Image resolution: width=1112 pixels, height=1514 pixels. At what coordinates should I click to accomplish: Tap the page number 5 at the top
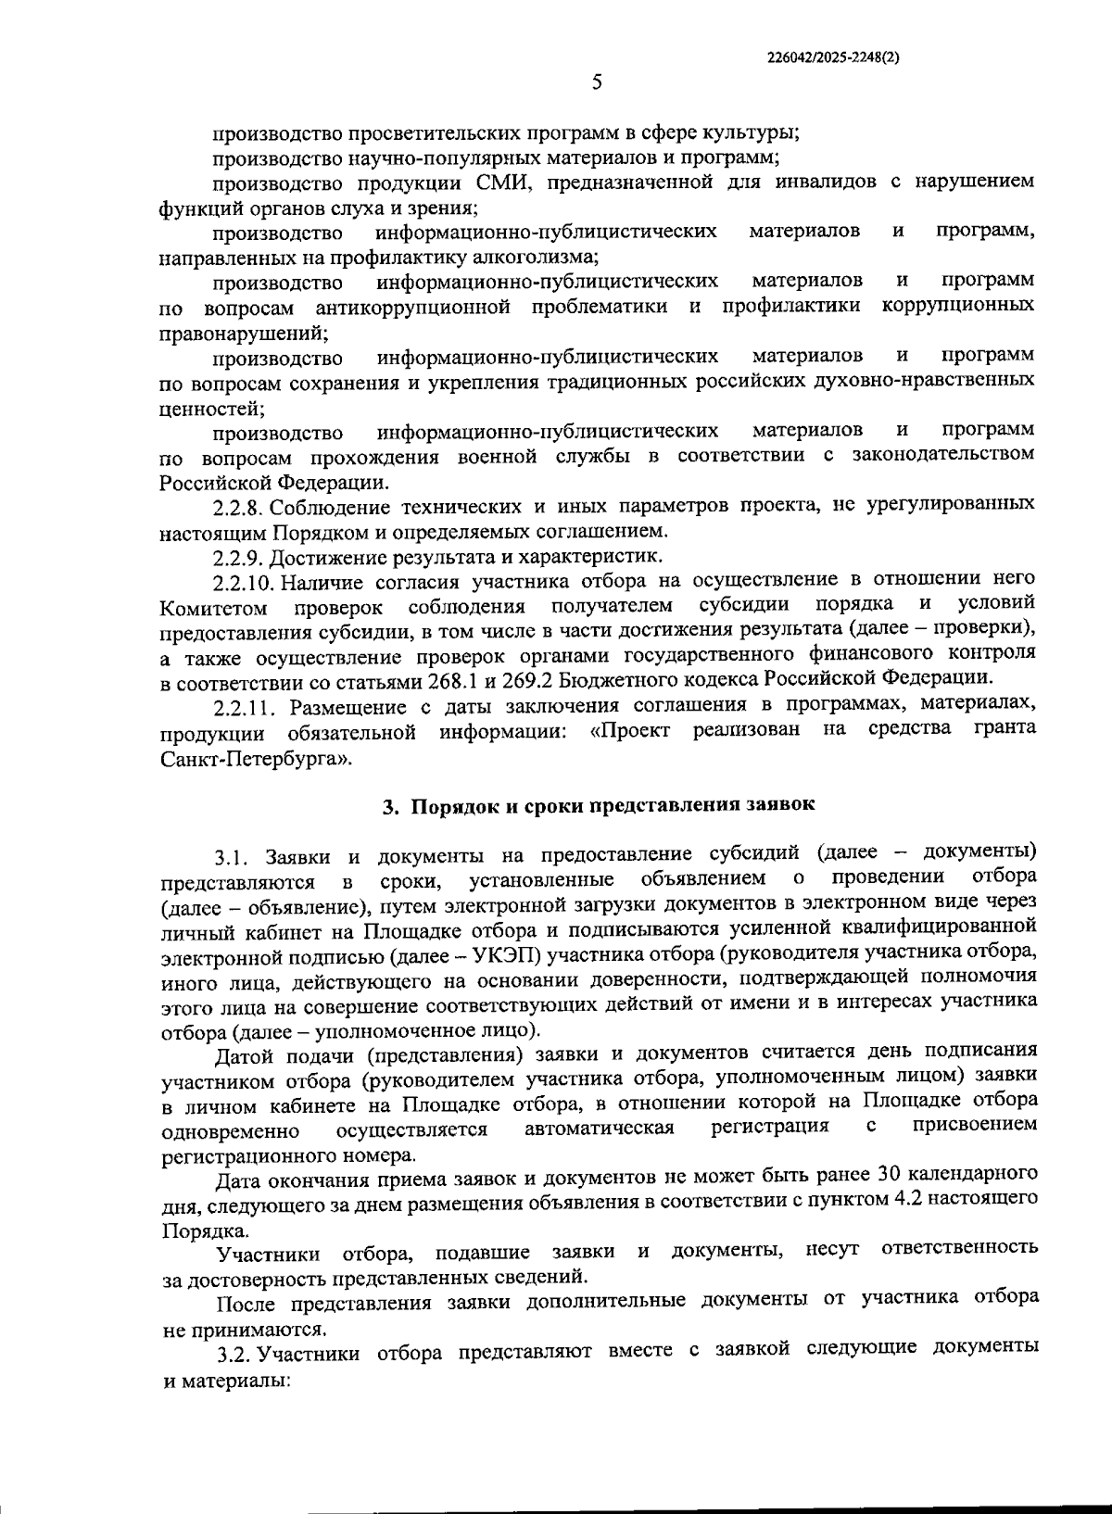598,82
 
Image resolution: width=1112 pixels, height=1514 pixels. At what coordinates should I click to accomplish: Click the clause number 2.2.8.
240,506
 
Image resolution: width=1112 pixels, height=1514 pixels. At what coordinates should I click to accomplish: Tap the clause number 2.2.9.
240,557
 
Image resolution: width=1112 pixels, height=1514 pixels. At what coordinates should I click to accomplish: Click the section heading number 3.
390,805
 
